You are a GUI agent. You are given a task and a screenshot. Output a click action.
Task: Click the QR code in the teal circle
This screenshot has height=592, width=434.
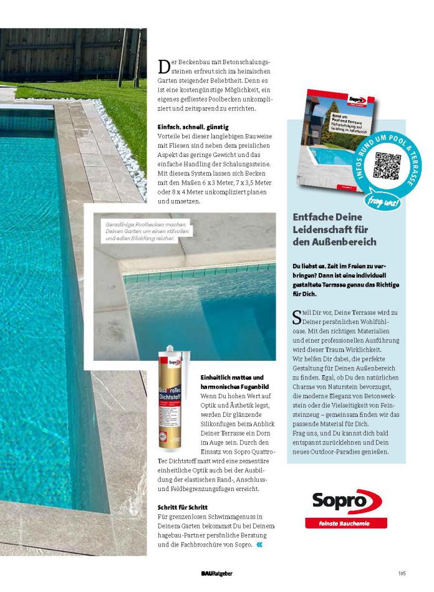387,165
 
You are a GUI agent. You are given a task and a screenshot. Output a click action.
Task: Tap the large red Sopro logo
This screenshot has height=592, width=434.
346,500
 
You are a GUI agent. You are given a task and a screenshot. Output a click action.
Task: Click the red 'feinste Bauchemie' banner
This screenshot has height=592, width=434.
346,523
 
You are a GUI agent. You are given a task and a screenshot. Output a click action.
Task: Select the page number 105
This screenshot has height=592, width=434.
402,573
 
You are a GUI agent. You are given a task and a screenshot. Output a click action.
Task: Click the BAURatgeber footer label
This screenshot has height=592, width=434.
216,573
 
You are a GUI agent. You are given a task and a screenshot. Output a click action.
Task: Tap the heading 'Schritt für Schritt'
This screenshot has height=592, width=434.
182,507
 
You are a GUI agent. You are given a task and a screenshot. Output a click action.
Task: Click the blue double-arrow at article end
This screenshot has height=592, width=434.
259,544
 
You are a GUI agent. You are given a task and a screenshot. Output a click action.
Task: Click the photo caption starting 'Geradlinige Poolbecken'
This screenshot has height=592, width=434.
140,231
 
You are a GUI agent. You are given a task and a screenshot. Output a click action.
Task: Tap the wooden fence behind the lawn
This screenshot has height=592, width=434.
62,53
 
